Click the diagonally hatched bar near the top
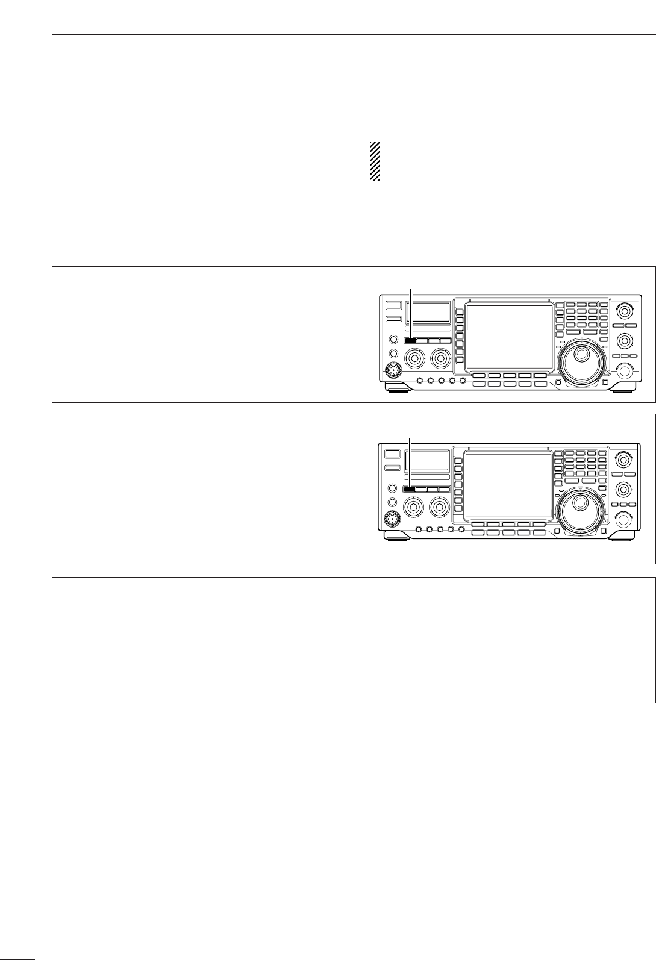coord(375,161)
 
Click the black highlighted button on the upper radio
coord(410,340)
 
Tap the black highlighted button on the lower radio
coord(410,490)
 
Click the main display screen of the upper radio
coord(510,335)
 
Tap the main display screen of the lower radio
coord(508,485)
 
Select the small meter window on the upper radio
coord(428,312)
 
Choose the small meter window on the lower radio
coord(427,461)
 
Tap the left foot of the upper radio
coord(398,390)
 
